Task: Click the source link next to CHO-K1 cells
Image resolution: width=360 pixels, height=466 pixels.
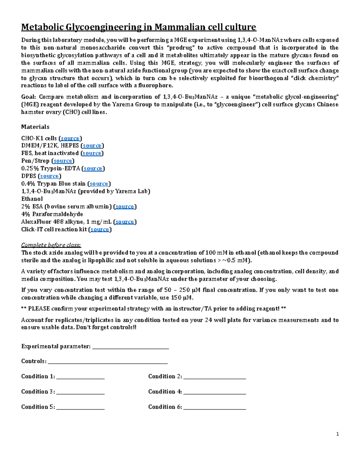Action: tap(70, 138)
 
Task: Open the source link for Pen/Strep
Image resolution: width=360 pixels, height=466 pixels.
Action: tap(63, 161)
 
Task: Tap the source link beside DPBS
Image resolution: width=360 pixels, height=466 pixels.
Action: tap(49, 176)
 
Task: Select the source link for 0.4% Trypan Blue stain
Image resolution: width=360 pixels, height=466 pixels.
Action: tap(99, 184)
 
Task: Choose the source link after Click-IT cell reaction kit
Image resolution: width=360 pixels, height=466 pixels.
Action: tap(100, 230)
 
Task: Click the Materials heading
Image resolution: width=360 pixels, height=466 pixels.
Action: tap(35, 127)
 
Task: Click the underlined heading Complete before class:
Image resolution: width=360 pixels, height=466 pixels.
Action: tap(51, 245)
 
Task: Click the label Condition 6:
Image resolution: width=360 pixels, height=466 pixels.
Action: tap(165, 407)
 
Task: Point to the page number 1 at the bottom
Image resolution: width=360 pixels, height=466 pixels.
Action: tap(337, 434)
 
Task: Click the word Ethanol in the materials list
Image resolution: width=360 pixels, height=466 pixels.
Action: tap(32, 199)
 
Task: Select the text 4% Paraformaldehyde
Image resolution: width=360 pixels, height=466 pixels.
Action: tap(52, 214)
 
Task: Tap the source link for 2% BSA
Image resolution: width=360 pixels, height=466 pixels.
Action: tap(124, 207)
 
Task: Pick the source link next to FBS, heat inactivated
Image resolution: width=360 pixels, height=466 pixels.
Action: tap(92, 153)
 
